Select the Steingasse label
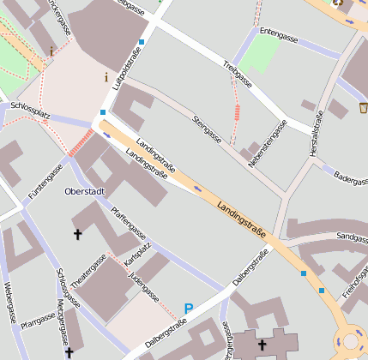click(x=208, y=129)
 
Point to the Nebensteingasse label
click(x=266, y=141)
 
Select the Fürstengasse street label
click(x=45, y=183)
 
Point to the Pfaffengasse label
click(x=128, y=226)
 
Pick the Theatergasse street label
click(x=88, y=268)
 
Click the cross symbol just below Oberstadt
click(x=77, y=233)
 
